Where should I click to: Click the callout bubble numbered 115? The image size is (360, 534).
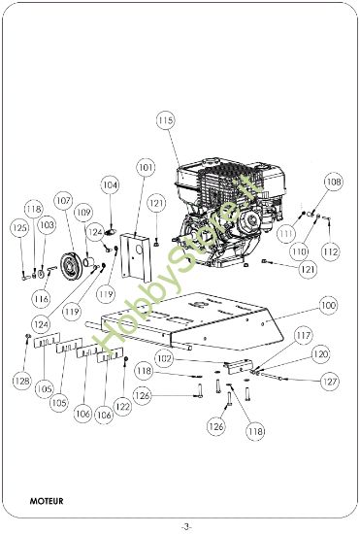[x=165, y=119]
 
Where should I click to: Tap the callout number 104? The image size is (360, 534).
[x=110, y=184]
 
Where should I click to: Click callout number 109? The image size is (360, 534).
[x=83, y=212]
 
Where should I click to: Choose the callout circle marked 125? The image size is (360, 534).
[x=18, y=227]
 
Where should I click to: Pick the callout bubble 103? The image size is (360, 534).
[x=47, y=224]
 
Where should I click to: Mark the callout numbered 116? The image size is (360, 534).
[x=41, y=297]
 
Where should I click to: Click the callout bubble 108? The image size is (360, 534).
[x=333, y=181]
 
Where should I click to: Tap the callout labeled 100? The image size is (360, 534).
[x=328, y=305]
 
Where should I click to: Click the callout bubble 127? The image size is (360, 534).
[x=331, y=382]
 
